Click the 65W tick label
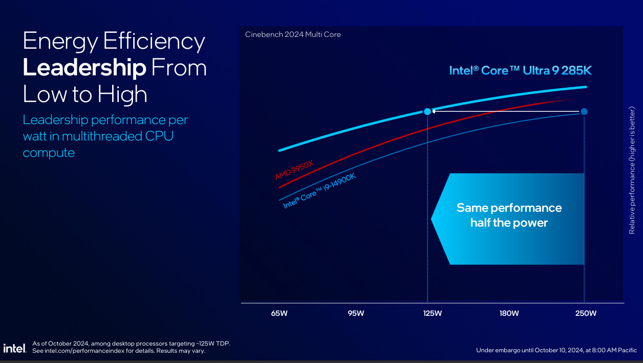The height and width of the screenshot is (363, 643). [x=279, y=313]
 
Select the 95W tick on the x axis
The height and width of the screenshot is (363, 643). [x=356, y=313]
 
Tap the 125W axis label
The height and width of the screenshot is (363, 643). [x=433, y=313]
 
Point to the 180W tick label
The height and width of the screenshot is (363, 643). [x=509, y=313]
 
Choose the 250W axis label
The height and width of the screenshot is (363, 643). [x=586, y=313]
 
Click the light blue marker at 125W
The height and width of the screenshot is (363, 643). [x=427, y=111]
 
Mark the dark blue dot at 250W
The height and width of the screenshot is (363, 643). [x=584, y=111]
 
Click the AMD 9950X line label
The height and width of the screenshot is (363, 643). [x=294, y=170]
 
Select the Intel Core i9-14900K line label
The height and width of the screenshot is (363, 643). [x=319, y=191]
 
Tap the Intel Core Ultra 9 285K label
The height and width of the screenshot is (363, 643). [x=520, y=70]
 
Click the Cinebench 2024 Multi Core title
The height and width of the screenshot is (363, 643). [x=293, y=34]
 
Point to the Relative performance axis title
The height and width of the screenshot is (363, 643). [x=632, y=170]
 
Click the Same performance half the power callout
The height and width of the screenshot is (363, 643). [x=509, y=215]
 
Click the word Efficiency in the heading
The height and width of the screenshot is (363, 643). [x=154, y=41]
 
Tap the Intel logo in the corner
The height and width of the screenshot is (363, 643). [x=14, y=348]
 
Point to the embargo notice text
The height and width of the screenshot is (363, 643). [x=556, y=350]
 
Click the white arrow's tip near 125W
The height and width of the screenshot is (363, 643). [x=433, y=111]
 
